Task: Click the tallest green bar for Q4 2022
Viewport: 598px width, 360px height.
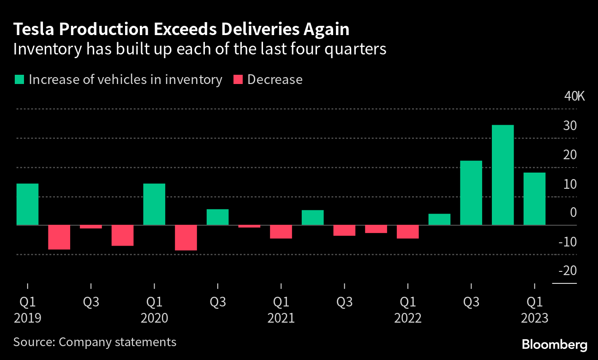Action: coord(502,175)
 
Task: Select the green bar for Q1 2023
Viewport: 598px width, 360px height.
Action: coord(534,199)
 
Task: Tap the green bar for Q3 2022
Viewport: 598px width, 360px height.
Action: coord(471,193)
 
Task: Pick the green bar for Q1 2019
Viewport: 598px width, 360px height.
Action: coord(27,204)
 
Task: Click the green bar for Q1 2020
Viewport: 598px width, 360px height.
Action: coord(154,204)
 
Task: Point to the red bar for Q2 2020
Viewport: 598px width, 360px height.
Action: coord(186,238)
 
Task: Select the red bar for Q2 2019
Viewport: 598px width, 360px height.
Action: coord(59,237)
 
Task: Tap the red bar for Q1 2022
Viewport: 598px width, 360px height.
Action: coord(408,232)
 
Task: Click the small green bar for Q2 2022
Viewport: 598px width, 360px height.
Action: coord(439,220)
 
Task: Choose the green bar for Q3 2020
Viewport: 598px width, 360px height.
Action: coord(218,217)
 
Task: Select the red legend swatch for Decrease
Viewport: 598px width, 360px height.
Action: coord(238,79)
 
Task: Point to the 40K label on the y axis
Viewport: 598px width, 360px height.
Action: coord(574,97)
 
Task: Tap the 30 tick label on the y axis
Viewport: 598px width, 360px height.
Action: coord(570,126)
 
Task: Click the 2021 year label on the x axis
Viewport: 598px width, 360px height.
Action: coord(281,318)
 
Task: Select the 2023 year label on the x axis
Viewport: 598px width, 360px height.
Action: coord(534,318)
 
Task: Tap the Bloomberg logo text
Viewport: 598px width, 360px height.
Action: coord(554,344)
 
